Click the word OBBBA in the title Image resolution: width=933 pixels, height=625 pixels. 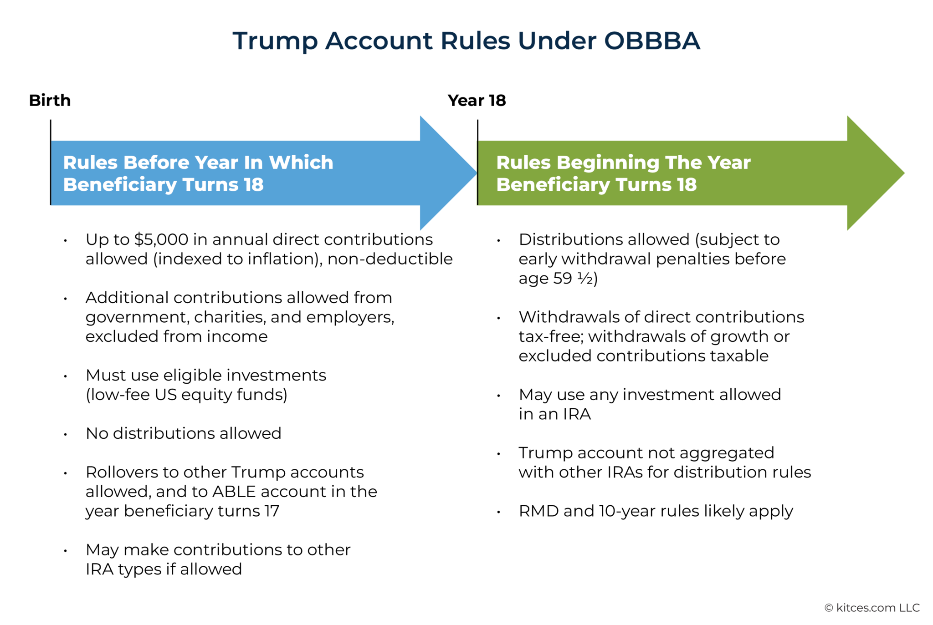click(652, 41)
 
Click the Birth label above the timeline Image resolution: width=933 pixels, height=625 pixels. click(50, 100)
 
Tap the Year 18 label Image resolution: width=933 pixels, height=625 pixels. click(477, 100)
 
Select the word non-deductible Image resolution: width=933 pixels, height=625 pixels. click(390, 259)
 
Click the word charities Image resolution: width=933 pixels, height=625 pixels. click(230, 317)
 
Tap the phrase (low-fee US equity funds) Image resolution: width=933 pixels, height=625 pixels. click(186, 395)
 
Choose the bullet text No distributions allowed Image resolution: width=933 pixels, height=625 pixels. click(183, 433)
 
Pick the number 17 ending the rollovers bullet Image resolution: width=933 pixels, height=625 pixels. click(272, 511)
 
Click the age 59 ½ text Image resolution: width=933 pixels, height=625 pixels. click(558, 278)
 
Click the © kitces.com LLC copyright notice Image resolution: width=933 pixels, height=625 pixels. click(872, 608)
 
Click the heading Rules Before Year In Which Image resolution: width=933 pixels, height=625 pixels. click(198, 163)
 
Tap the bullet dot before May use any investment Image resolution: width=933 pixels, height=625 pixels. click(499, 396)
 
